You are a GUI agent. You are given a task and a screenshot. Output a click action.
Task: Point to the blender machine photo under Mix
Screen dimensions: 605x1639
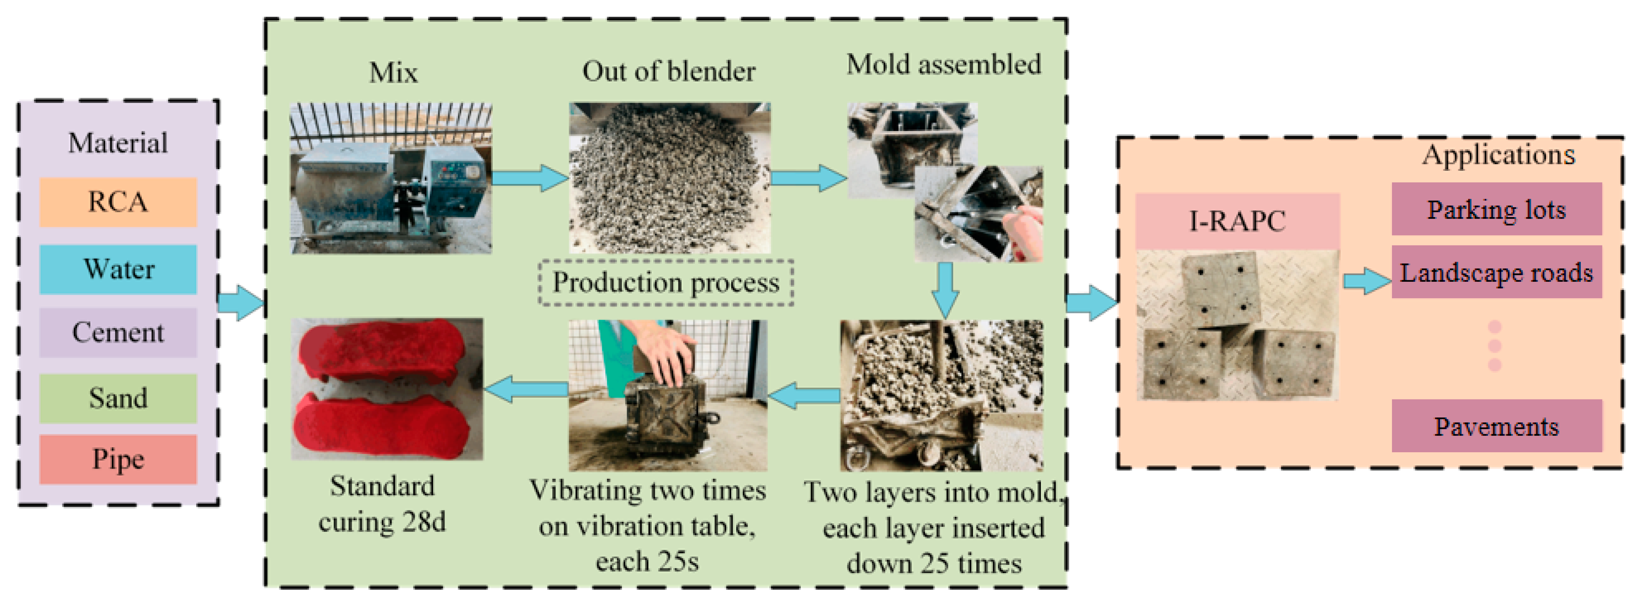(x=391, y=179)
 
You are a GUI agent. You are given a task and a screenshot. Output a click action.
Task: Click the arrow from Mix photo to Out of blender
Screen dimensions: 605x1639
(x=529, y=177)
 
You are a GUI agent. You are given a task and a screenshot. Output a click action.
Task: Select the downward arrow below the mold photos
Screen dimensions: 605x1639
(x=945, y=290)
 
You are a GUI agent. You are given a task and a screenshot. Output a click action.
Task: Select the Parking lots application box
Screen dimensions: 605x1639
(x=1496, y=209)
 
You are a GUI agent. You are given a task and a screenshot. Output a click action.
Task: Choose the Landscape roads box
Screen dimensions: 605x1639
(x=1496, y=273)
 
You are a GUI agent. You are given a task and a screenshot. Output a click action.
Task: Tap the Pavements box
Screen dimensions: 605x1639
(x=1496, y=426)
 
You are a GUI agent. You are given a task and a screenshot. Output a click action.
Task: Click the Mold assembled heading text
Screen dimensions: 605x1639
(x=943, y=65)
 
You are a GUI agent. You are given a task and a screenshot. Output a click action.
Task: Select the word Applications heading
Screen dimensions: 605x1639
(x=1498, y=154)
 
